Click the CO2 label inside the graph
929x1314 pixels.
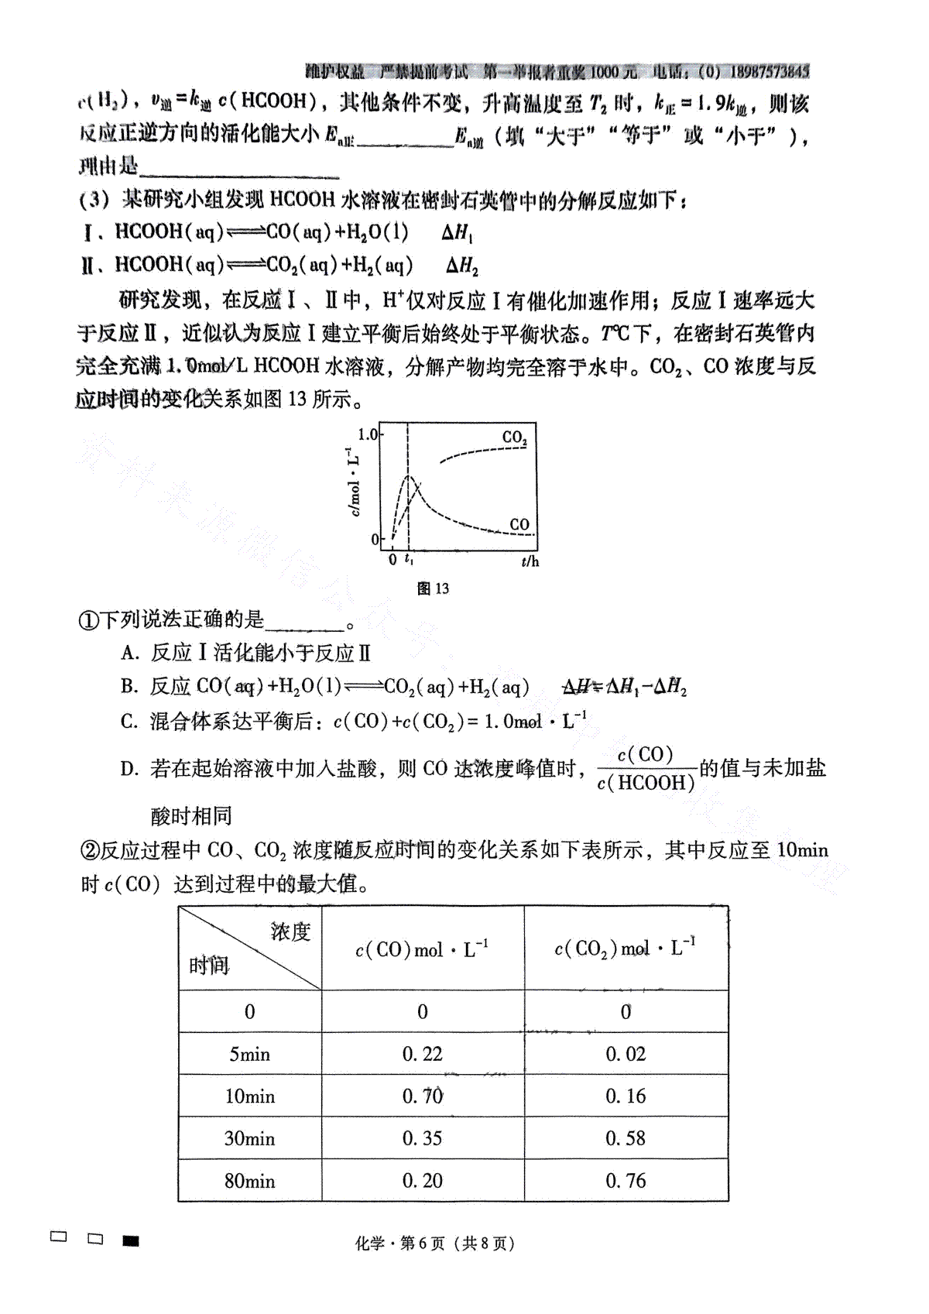pyautogui.click(x=514, y=437)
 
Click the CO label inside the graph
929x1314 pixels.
pyautogui.click(x=519, y=524)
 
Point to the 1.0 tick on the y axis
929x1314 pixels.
pyautogui.click(x=368, y=434)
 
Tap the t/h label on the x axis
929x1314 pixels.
pyautogui.click(x=530, y=561)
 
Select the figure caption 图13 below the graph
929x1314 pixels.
pyautogui.click(x=433, y=588)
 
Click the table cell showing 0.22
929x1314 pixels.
pyautogui.click(x=422, y=1054)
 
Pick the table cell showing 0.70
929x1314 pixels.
pyautogui.click(x=422, y=1096)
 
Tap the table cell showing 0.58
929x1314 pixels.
pyautogui.click(x=626, y=1138)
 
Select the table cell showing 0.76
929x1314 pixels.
pyautogui.click(x=626, y=1181)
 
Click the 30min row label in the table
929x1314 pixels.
pyautogui.click(x=249, y=1138)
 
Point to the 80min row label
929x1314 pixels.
pyautogui.click(x=249, y=1181)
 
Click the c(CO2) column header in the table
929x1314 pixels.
pyautogui.click(x=625, y=949)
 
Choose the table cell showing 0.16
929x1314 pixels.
pyautogui.click(x=626, y=1096)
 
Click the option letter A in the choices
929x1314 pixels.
pyautogui.click(x=129, y=654)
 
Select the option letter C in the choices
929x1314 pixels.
pyautogui.click(x=129, y=722)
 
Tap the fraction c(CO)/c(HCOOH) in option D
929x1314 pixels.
pyautogui.click(x=646, y=769)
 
